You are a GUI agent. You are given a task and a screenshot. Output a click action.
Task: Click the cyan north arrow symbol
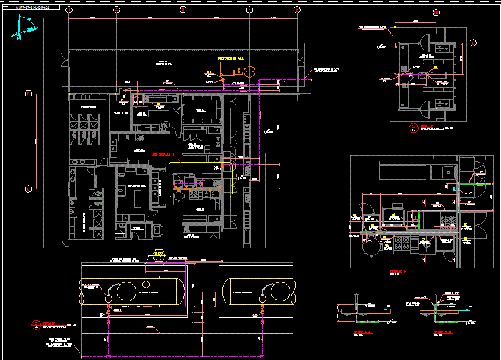pos(24,28)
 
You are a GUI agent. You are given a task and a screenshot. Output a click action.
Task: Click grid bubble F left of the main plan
pos(27,94)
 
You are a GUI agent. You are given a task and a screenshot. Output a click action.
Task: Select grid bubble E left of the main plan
pos(27,188)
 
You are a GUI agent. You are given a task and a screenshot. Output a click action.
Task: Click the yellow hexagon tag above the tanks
pos(158,255)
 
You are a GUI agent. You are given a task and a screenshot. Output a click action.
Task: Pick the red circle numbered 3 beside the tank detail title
pos(37,323)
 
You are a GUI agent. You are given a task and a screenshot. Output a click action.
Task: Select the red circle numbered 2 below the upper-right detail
pos(412,127)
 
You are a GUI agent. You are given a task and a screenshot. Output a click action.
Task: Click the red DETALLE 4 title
pos(398,272)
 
